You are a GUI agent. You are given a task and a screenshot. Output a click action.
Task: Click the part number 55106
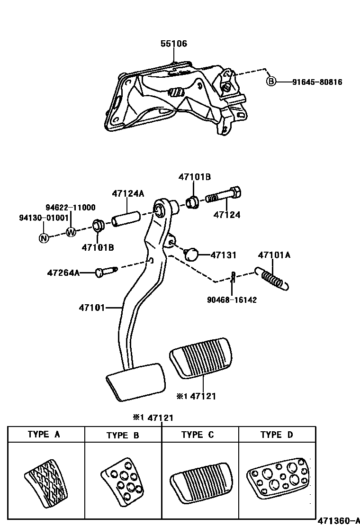173,44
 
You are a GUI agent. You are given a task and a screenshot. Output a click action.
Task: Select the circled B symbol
270,82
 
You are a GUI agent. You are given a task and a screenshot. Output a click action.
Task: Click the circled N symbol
44,238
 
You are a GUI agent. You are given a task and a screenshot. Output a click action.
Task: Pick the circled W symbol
71,232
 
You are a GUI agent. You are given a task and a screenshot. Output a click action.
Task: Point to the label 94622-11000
70,208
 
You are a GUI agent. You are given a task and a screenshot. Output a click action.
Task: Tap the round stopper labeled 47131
192,254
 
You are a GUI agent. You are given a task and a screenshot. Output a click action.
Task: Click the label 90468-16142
232,300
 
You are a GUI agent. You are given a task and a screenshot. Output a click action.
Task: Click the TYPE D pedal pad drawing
276,479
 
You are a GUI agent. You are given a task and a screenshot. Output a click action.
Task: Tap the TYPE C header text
199,434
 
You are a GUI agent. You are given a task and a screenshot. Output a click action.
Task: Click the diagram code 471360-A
339,520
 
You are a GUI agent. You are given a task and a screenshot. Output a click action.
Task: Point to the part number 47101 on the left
91,308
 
